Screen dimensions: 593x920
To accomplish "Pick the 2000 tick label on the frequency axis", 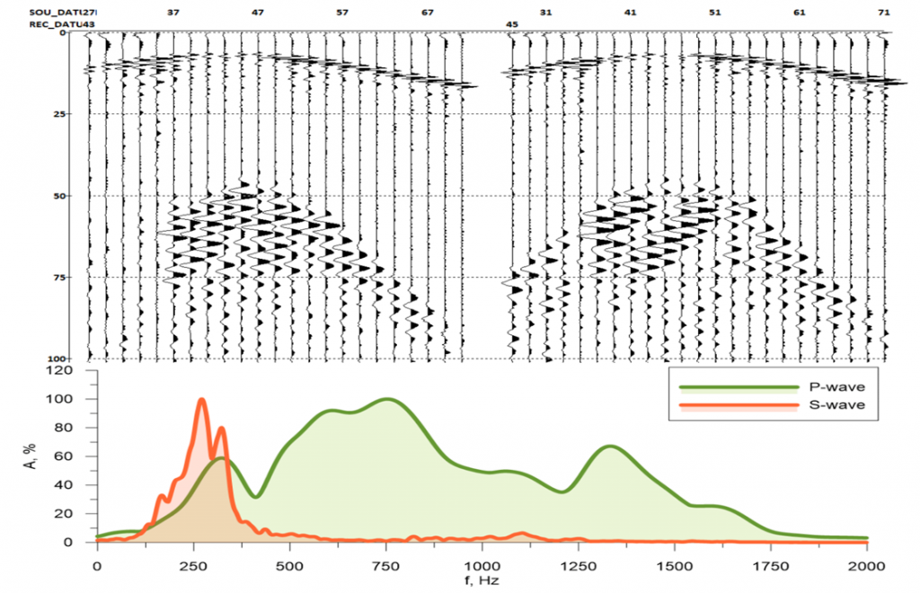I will pyautogui.click(x=867, y=566).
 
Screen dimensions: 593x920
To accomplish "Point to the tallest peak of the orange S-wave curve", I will pyautogui.click(x=202, y=400).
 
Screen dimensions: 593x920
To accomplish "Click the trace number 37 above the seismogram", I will pyautogui.click(x=173, y=13).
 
